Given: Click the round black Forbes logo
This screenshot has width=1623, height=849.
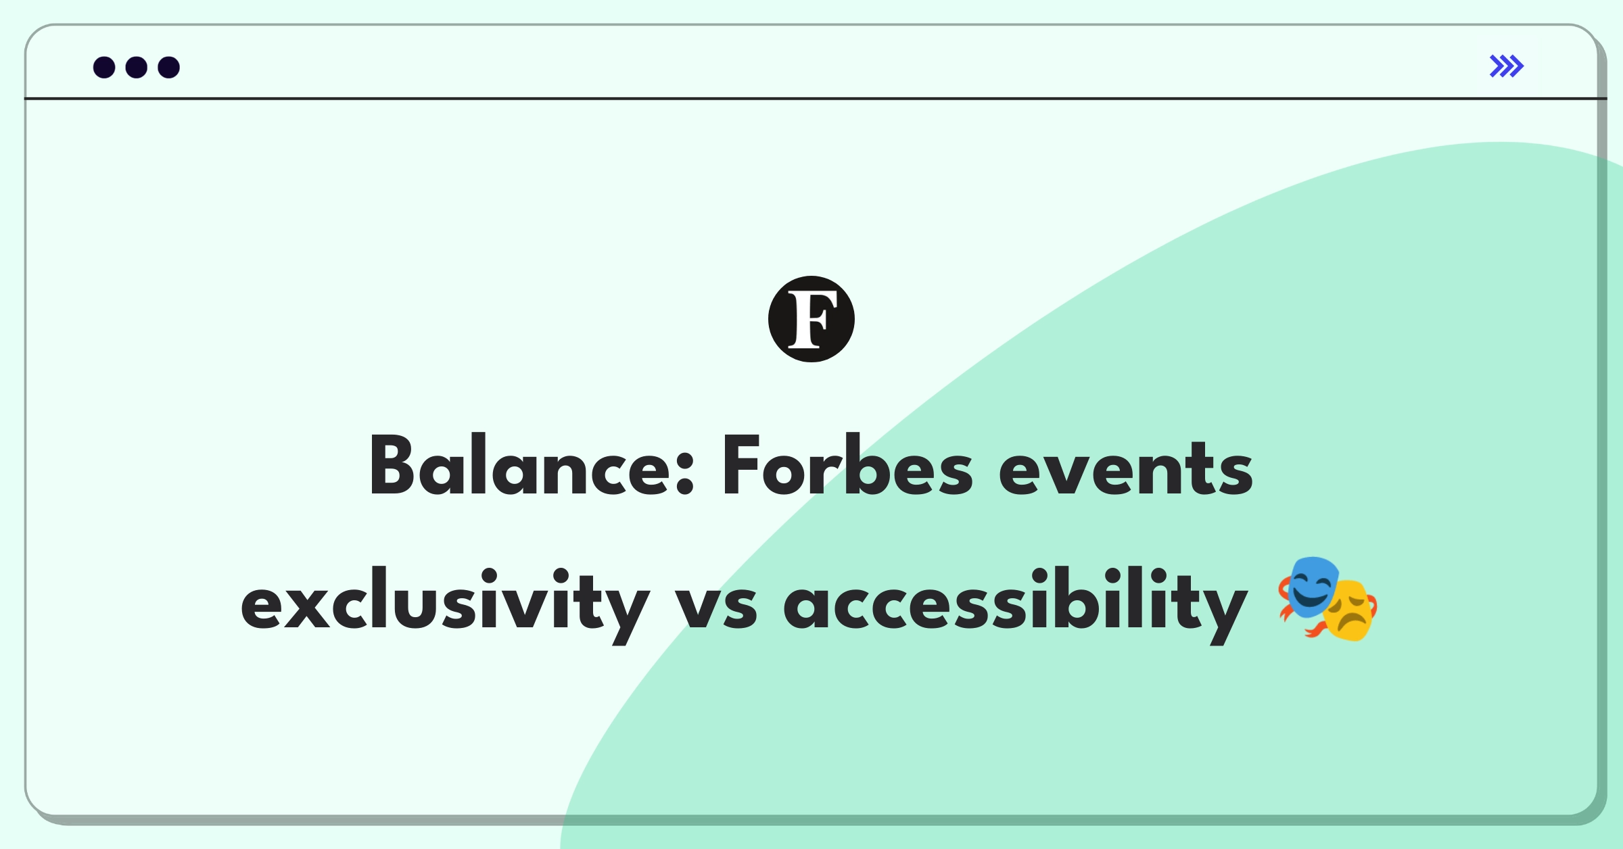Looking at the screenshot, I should pos(811,319).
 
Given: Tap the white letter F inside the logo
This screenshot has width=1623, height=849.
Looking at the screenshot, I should pos(811,319).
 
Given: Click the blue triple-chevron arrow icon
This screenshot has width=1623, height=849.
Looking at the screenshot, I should pos(1506,66).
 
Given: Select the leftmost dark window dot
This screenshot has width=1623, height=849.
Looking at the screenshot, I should pos(104,67).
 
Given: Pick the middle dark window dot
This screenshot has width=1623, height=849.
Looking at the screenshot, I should pos(137,67).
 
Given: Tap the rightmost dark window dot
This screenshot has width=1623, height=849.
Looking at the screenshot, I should pos(169,67).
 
